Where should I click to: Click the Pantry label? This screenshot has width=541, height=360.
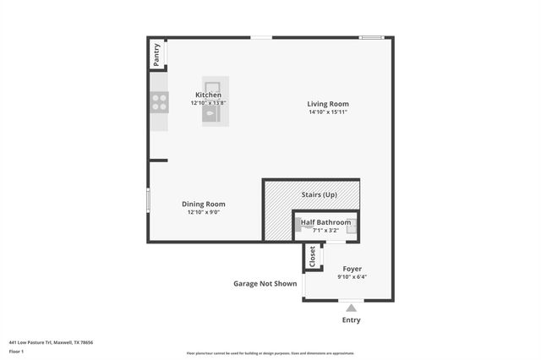[x=156, y=56]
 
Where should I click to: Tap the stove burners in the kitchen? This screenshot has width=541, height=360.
[x=158, y=102]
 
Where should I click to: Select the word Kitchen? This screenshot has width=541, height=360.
[x=208, y=95]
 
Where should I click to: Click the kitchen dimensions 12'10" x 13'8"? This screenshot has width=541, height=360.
[x=208, y=103]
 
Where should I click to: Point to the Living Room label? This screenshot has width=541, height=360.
[x=328, y=104]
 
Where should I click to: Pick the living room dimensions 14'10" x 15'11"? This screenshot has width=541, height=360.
[x=328, y=112]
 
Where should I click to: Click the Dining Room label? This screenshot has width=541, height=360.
[x=204, y=204]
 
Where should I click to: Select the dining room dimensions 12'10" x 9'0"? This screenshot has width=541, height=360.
[x=204, y=212]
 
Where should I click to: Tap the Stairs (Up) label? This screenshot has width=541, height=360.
[x=320, y=195]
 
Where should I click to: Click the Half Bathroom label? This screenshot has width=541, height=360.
[x=325, y=222]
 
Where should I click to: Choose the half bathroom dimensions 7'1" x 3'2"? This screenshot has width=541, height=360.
[x=325, y=230]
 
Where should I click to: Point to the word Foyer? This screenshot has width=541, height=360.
[x=352, y=269]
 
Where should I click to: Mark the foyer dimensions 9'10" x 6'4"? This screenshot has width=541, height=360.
[x=352, y=277]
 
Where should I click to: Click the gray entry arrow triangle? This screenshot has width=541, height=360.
[x=351, y=308]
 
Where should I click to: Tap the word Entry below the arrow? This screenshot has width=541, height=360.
[x=351, y=320]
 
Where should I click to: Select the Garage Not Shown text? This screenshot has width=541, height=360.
[x=265, y=284]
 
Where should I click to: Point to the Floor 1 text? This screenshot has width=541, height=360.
[x=16, y=351]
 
